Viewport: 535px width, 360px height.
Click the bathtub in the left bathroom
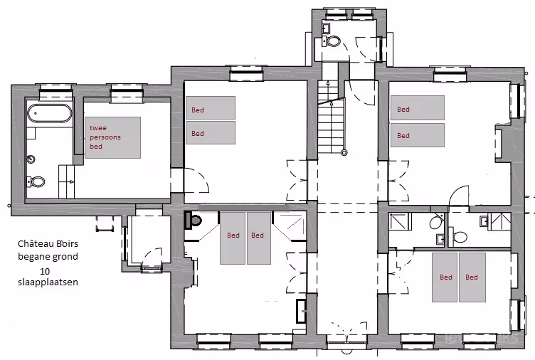tap(50, 113)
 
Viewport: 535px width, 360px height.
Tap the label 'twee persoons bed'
tap(105, 137)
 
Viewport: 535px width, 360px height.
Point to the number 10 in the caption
tap(45, 272)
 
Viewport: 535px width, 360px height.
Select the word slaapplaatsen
tap(48, 282)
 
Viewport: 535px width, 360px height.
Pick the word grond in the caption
tap(68, 257)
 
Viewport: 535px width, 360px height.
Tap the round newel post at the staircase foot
tap(344, 152)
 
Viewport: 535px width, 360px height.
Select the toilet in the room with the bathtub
tap(36, 181)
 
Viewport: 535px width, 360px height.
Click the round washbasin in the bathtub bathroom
tap(31, 159)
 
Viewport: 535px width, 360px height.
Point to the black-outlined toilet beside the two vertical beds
tap(193, 220)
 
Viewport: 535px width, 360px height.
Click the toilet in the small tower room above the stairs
tap(332, 42)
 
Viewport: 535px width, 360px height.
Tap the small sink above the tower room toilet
tap(326, 28)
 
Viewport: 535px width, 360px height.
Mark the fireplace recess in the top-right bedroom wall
tap(503, 142)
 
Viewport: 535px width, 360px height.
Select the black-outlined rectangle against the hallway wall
tap(302, 311)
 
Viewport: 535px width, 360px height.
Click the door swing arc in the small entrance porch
tap(152, 257)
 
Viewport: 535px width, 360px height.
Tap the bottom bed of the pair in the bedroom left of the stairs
tap(211, 133)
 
